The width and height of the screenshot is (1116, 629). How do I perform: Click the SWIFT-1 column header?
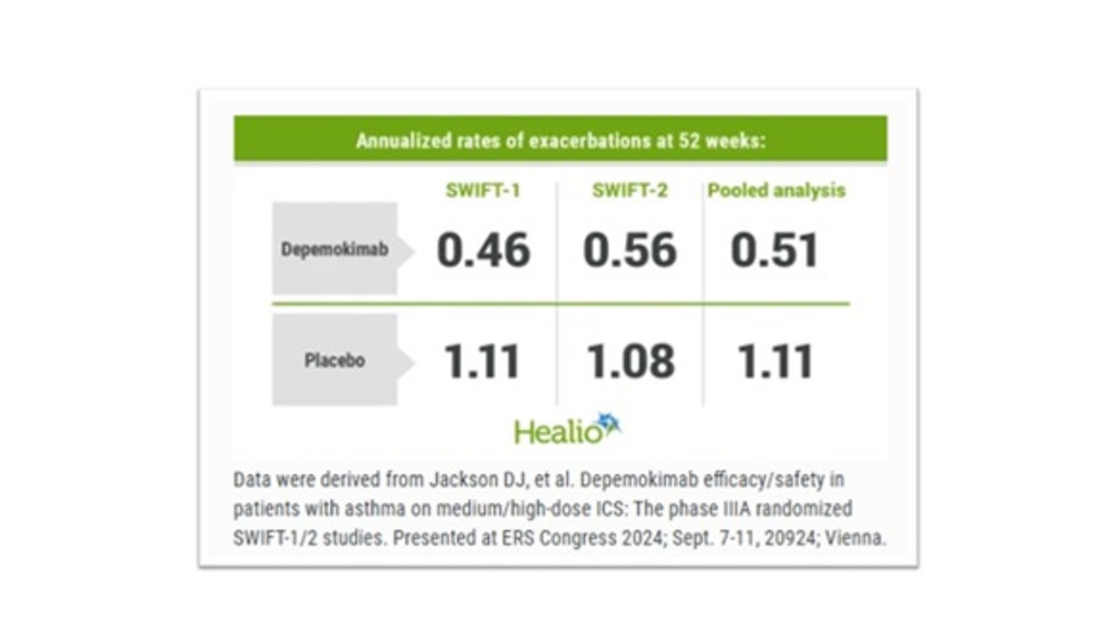tap(482, 191)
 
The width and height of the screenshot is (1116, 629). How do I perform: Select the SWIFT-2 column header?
tap(630, 191)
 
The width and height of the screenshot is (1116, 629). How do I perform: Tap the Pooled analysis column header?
tap(776, 191)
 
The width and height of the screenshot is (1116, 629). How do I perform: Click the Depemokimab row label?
tap(335, 249)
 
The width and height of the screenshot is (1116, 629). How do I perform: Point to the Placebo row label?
tap(335, 360)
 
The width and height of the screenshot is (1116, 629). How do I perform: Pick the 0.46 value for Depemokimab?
tap(483, 250)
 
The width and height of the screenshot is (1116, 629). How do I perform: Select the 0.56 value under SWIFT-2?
tap(630, 250)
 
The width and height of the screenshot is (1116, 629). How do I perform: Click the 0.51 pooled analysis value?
tap(774, 250)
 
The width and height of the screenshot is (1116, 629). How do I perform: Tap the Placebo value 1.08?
tap(631, 362)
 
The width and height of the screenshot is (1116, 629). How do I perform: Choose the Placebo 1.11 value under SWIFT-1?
tap(482, 362)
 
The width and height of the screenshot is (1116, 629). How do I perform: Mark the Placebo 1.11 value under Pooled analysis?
tap(775, 362)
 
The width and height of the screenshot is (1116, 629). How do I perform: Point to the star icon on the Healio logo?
tap(609, 424)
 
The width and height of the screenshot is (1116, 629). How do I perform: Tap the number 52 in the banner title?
tap(689, 141)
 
